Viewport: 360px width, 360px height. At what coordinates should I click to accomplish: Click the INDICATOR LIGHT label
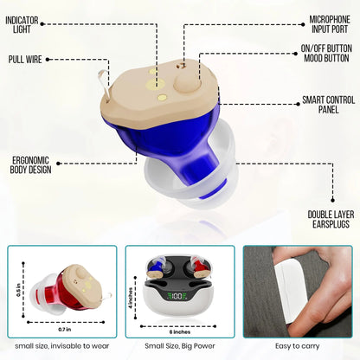tap(22, 25)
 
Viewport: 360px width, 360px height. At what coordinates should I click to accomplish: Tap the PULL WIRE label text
tap(25, 60)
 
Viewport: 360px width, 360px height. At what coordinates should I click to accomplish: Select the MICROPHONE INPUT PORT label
tap(330, 24)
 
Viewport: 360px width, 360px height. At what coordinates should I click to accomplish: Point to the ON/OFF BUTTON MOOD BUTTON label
tap(326, 53)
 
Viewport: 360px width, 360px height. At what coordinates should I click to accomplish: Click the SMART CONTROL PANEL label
tap(328, 105)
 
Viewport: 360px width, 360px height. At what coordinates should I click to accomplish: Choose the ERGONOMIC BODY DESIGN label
tap(30, 165)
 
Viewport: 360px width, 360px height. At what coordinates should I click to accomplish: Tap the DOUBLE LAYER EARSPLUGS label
tap(331, 219)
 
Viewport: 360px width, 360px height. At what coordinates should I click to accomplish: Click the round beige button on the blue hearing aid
tap(187, 82)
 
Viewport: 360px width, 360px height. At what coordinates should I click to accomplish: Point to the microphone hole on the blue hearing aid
tap(181, 66)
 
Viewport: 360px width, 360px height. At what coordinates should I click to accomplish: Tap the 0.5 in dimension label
tap(18, 291)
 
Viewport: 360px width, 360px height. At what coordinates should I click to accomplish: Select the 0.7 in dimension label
tap(65, 330)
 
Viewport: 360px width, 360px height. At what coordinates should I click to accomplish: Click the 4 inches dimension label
tap(131, 298)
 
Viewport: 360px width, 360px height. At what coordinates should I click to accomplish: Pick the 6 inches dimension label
tap(180, 332)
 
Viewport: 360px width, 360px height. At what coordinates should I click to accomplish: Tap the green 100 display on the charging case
tap(175, 296)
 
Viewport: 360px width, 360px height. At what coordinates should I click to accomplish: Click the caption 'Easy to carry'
tap(298, 346)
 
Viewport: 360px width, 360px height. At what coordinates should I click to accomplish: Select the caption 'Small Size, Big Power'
tap(180, 346)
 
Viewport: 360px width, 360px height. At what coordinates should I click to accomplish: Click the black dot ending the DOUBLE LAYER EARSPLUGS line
tap(332, 200)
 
